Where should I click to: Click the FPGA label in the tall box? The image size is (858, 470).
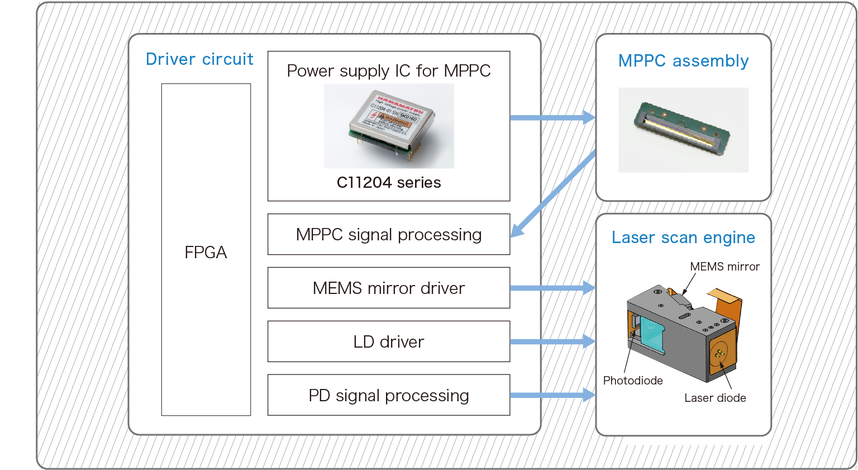pyautogui.click(x=206, y=253)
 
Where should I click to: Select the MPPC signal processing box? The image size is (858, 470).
pyautogui.click(x=389, y=235)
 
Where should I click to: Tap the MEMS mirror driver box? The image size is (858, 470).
pyautogui.click(x=389, y=288)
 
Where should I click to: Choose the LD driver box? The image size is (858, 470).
pyautogui.click(x=389, y=342)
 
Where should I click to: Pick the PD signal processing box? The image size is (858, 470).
pyautogui.click(x=389, y=396)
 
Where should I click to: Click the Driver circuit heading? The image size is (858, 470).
pyautogui.click(x=199, y=59)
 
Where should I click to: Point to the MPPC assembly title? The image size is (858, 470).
pyautogui.click(x=683, y=61)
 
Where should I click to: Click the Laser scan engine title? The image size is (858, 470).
pyautogui.click(x=683, y=238)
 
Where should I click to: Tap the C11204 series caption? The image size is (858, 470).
pyautogui.click(x=389, y=183)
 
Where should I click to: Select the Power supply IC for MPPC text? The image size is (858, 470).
pyautogui.click(x=389, y=71)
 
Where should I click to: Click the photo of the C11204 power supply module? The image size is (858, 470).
pyautogui.click(x=389, y=126)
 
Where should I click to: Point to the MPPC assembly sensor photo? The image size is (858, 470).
pyautogui.click(x=683, y=130)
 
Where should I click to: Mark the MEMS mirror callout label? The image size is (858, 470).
pyautogui.click(x=724, y=267)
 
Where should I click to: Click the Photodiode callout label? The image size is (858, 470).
pyautogui.click(x=633, y=381)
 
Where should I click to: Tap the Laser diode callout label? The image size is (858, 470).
pyautogui.click(x=715, y=398)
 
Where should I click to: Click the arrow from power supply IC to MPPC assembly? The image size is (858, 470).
pyautogui.click(x=552, y=117)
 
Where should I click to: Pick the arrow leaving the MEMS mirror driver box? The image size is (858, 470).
pyautogui.click(x=552, y=288)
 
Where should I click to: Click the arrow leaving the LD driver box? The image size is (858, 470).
pyautogui.click(x=552, y=341)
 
